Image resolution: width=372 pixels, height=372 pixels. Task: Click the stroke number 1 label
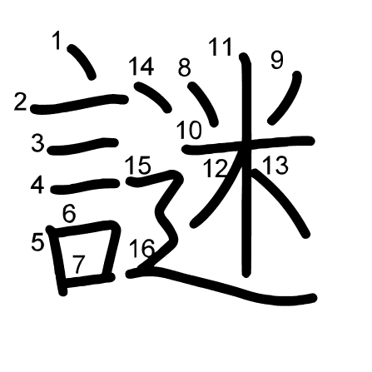57,41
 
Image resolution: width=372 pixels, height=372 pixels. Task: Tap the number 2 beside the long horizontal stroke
20,102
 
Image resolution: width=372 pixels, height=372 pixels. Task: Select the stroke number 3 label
37,143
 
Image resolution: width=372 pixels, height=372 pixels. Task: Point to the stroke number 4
37,186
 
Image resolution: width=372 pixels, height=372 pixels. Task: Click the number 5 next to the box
37,242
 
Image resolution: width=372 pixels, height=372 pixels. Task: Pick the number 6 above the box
69,214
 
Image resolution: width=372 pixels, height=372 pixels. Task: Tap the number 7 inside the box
78,265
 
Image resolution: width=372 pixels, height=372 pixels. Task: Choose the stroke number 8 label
185,67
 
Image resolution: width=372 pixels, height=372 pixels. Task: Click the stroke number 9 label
276,61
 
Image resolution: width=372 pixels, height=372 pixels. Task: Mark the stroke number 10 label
190,130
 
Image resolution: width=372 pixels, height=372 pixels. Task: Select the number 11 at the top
221,47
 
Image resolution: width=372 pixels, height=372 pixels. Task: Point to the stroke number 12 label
216,169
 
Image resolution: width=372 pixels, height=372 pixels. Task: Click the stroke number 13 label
275,166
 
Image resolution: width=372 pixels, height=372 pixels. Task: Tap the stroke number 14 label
141,66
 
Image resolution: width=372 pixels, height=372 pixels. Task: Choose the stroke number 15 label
138,166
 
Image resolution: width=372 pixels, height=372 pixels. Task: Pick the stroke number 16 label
141,248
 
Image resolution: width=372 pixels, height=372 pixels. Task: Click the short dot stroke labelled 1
82,62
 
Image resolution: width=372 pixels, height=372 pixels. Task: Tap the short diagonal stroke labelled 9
285,97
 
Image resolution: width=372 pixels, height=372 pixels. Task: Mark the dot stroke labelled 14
152,97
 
